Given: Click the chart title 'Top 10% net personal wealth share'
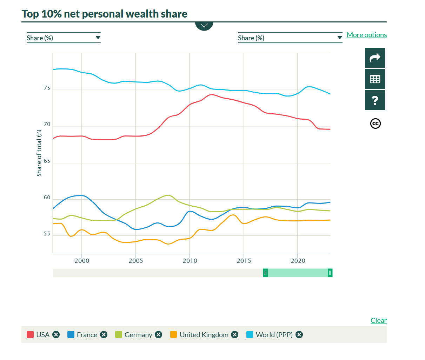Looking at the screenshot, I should coord(104,14).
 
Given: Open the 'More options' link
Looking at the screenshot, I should coord(367,35).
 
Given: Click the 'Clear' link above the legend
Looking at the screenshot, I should coord(378,320).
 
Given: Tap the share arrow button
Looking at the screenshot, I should coord(375,58).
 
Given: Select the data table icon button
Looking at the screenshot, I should coord(375,79).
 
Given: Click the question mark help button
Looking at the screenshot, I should coord(375,100).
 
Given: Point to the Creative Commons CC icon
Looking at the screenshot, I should coord(375,124).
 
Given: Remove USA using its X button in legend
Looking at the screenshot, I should coord(56,335).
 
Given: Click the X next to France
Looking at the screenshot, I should coord(104,335).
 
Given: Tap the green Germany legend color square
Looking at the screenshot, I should coord(119,335).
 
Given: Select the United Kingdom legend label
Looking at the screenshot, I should coord(204,335).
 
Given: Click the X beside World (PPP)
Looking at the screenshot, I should coord(299,335).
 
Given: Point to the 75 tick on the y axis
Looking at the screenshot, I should coord(47,88).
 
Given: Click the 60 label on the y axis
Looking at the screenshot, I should coord(47,198).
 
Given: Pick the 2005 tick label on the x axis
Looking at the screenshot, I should coord(136,261).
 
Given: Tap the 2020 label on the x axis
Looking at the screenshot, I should coord(298,261).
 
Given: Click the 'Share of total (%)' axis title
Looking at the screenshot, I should coord(39,153).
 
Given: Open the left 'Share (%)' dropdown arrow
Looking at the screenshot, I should coord(98,38).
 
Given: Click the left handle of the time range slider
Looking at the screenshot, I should coord(265,273).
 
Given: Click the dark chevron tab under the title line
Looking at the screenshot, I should coord(204,26).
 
